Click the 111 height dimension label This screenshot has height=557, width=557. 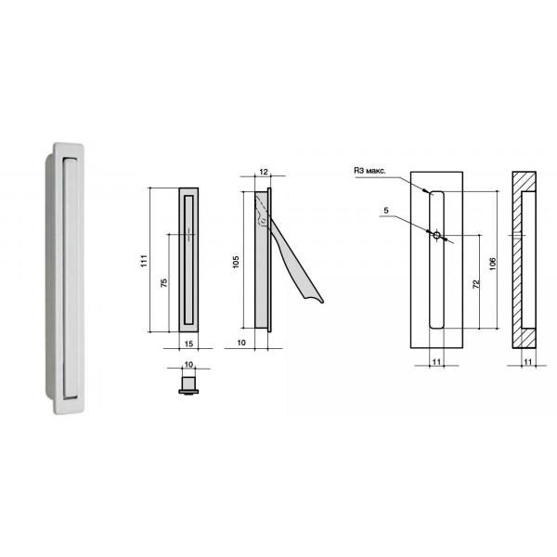pyautogui.click(x=144, y=261)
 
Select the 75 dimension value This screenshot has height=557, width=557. pyautogui.click(x=163, y=283)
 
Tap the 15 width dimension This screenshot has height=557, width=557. pyautogui.click(x=189, y=343)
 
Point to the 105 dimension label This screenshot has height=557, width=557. pyautogui.click(x=236, y=262)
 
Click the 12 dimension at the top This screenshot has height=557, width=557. pyautogui.click(x=264, y=172)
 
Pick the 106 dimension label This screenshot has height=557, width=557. pyautogui.click(x=492, y=264)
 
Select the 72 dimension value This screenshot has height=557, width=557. pyautogui.click(x=476, y=284)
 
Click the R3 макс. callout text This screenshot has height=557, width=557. pyautogui.click(x=369, y=171)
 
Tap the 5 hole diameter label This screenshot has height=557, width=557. pyautogui.click(x=386, y=211)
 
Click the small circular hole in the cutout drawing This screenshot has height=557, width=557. pyautogui.click(x=436, y=235)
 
